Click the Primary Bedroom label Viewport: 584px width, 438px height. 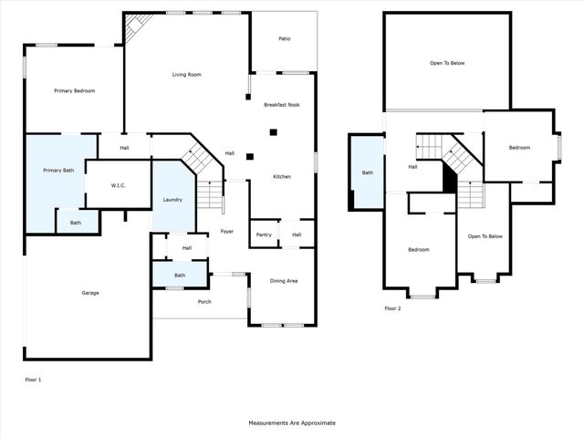point(74,91)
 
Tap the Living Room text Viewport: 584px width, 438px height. point(186,74)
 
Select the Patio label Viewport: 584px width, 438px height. point(284,39)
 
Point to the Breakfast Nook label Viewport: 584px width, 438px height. point(281,105)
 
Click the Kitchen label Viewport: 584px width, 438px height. point(282,176)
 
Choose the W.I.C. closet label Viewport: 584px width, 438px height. point(118,185)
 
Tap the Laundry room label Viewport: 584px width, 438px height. point(172,199)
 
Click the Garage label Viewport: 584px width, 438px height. point(89,293)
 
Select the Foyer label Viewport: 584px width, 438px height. point(226,231)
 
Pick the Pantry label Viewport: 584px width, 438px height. point(264,235)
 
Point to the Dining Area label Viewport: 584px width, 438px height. point(283,280)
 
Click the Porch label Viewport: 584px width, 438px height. point(204,301)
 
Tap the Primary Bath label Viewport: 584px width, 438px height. point(57,171)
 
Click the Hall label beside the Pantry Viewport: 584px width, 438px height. point(297,235)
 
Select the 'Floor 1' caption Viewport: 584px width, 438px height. point(33,379)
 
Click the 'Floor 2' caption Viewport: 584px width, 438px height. point(392,308)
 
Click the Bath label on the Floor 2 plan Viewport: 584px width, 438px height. point(367,172)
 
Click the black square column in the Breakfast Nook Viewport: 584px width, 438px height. point(271,132)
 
